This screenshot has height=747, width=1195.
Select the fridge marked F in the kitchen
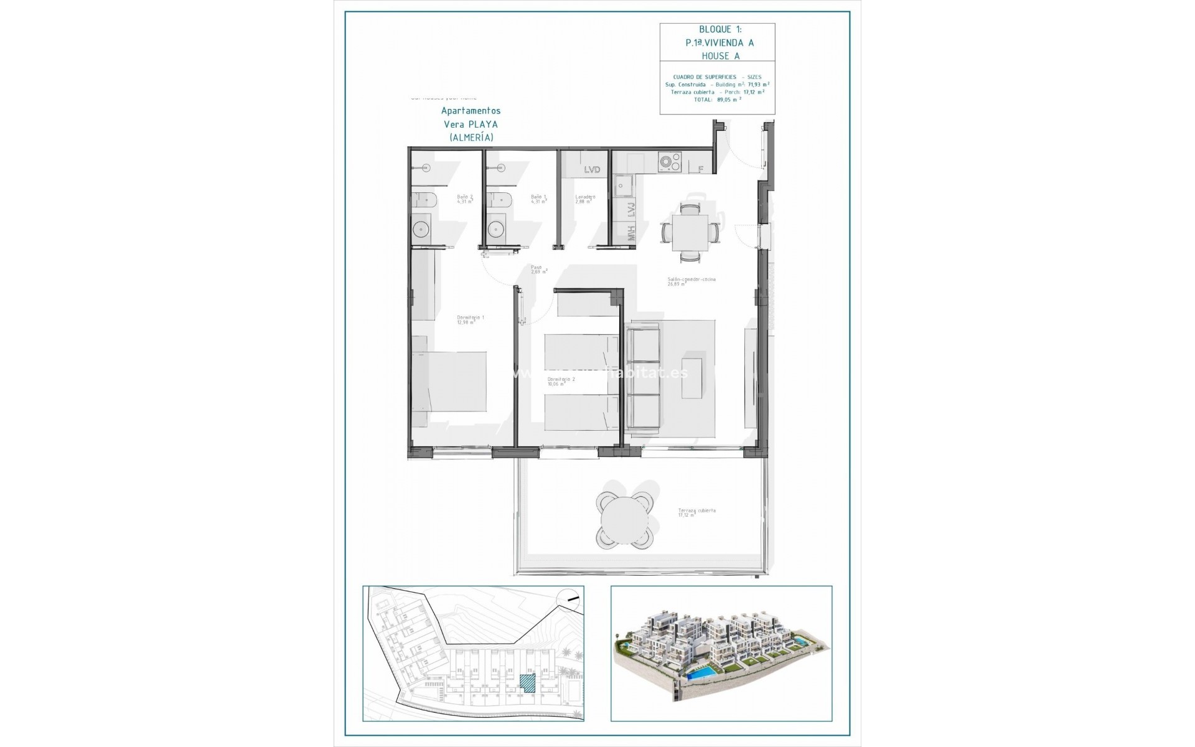pyautogui.click(x=700, y=169)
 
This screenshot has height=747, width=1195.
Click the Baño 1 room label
pyautogui.click(x=538, y=199)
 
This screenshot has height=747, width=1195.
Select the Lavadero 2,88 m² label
pyautogui.click(x=585, y=199)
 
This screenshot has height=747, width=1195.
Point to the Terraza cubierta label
pyautogui.click(x=697, y=512)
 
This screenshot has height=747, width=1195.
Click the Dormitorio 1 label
pyautogui.click(x=470, y=319)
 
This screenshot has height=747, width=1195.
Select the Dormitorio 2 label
pyautogui.click(x=561, y=381)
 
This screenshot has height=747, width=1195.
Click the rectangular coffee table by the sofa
pyautogui.click(x=691, y=377)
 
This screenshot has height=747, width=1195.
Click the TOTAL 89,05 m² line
pyautogui.click(x=717, y=99)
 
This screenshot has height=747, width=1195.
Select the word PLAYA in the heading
pyautogui.click(x=485, y=124)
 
